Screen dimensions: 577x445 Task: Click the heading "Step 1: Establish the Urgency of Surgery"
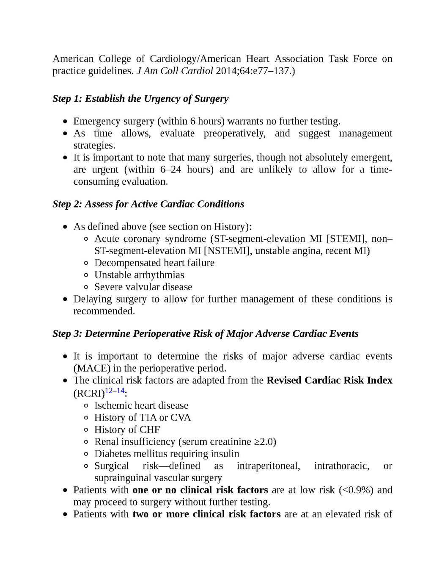coord(140,99)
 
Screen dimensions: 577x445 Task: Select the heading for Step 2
coord(148,204)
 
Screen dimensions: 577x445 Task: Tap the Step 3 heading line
coord(205,334)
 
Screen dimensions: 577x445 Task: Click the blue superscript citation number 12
coord(109,391)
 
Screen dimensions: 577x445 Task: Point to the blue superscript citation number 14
coord(121,391)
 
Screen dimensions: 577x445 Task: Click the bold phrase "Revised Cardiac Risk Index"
coord(329,380)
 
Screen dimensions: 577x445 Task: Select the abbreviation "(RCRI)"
coord(89,394)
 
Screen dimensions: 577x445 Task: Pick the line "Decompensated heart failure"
coord(154,263)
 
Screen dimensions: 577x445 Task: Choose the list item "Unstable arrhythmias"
coord(139,275)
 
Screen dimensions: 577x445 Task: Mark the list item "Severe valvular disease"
coord(143,287)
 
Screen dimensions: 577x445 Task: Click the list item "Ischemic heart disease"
coord(141,406)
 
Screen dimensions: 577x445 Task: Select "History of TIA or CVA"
coord(143,418)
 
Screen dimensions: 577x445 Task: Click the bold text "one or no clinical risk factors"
coord(200,490)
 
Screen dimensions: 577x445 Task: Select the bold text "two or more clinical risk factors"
coord(206,514)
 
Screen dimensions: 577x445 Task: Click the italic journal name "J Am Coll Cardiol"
coord(175,71)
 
